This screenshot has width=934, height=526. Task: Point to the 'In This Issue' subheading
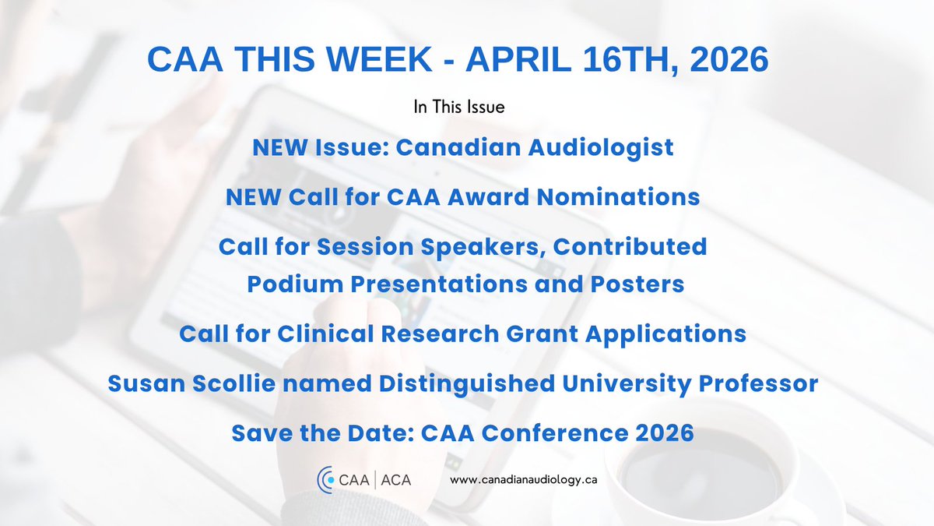tap(459, 108)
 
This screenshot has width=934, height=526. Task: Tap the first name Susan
tap(144, 383)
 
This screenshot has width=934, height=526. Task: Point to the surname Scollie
tap(231, 383)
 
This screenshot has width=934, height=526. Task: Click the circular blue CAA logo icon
tap(324, 479)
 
